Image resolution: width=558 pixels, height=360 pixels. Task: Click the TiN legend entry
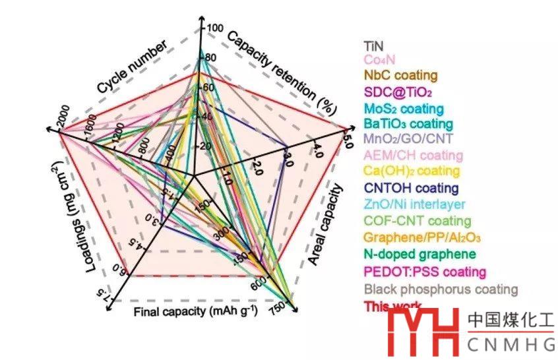[374, 46]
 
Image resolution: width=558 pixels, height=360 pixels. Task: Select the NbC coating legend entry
[401, 75]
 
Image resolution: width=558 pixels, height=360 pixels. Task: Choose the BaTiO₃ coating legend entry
[408, 123]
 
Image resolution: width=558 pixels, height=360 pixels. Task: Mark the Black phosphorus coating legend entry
[441, 289]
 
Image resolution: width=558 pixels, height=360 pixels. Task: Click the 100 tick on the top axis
[216, 28]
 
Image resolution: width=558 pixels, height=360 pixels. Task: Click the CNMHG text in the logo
[511, 345]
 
